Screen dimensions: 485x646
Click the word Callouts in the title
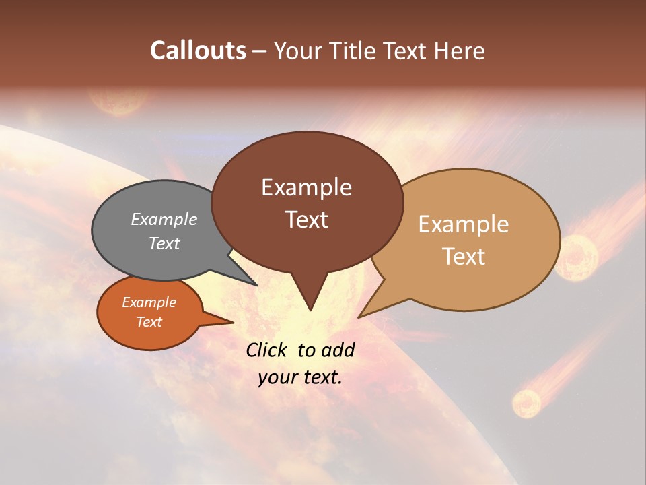tap(198, 51)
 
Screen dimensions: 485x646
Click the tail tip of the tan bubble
tap(360, 316)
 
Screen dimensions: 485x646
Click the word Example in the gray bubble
tap(164, 220)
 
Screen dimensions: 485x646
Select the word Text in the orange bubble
tap(149, 322)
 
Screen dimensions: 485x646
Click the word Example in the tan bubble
tap(464, 224)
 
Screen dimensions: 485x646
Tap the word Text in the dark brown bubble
tap(307, 220)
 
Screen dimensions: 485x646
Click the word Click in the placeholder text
tap(268, 350)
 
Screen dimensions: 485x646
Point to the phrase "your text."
tap(300, 377)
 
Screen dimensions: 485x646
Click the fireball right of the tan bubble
tap(575, 257)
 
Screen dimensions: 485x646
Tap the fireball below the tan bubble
tap(527, 403)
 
